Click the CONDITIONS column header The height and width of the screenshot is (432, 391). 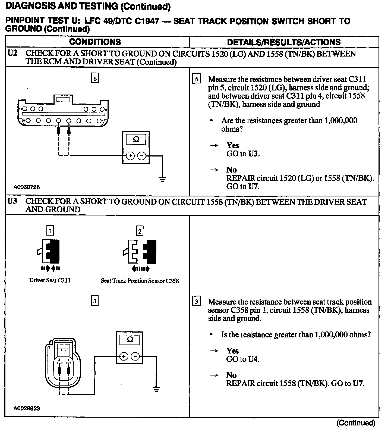point(95,42)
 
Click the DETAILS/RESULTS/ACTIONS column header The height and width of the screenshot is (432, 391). point(284,42)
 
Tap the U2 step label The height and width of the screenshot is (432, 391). point(12,53)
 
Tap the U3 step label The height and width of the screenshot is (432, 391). point(12,201)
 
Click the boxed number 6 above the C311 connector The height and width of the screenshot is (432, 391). point(95,79)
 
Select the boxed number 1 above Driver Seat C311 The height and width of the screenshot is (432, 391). point(50,231)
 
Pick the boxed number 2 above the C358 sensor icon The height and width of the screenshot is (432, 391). point(140,231)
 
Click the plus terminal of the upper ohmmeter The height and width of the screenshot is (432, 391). point(130,156)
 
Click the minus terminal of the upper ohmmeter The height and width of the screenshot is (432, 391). point(141,156)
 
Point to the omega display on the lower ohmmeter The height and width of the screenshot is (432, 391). point(130,340)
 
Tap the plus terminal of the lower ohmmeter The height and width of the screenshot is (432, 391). point(124,356)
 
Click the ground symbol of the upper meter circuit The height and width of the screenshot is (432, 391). point(162,179)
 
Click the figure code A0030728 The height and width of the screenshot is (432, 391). point(27,187)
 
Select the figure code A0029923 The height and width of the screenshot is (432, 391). point(27,408)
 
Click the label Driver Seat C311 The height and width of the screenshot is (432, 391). point(50,280)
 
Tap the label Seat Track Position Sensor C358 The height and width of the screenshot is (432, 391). point(140,281)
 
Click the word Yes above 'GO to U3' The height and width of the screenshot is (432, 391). point(232,145)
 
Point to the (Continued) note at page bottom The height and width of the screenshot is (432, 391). point(356,423)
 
